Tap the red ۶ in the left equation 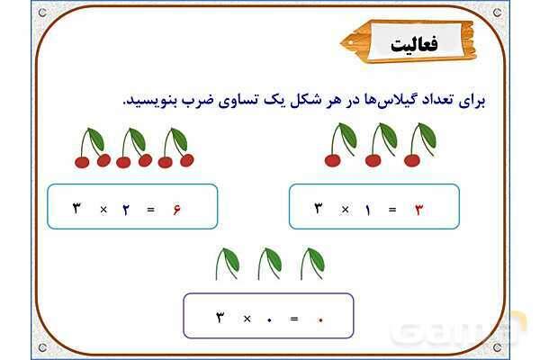coord(176,210)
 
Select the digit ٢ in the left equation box coord(126,210)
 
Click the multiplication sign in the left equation coord(103,210)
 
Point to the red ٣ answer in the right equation coord(418,210)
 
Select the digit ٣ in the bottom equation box coord(220,318)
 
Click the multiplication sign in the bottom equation coord(246,318)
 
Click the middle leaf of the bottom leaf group coord(269,263)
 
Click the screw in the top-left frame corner coord(43,13)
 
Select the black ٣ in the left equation coord(77,210)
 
